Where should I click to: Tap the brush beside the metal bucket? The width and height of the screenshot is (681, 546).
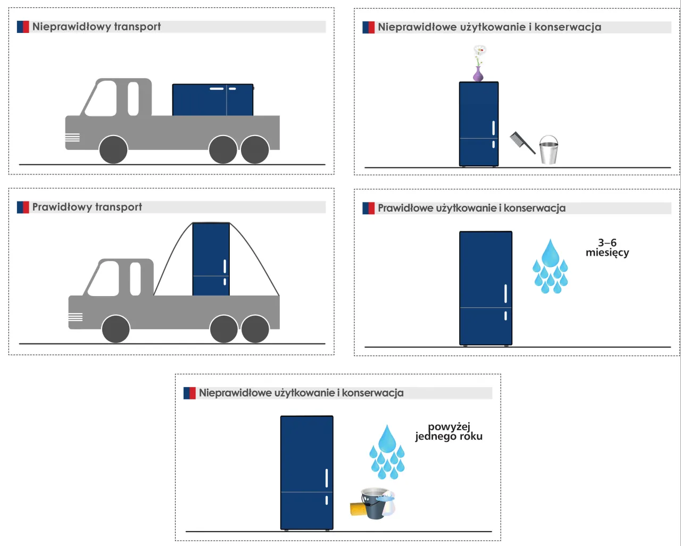(x=522, y=142)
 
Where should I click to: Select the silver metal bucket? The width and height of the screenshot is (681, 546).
(x=549, y=150)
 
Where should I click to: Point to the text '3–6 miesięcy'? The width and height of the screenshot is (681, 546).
(x=607, y=248)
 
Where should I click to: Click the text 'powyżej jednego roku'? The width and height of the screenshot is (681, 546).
(x=449, y=432)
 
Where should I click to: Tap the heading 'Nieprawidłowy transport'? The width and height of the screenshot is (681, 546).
(x=96, y=27)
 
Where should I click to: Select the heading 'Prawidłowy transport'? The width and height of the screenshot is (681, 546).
(x=87, y=207)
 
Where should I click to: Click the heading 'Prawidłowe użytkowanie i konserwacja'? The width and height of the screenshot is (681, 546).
(x=471, y=208)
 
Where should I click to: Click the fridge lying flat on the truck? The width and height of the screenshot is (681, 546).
(x=213, y=100)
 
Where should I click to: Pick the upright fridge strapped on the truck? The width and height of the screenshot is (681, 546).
(x=211, y=259)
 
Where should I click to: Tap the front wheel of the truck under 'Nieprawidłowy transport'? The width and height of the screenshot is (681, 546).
(x=113, y=150)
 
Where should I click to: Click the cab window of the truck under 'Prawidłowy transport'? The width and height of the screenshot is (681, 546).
(x=104, y=279)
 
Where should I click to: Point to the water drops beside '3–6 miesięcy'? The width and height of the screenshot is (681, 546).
(x=551, y=266)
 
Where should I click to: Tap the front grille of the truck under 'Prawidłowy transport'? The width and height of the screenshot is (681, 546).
(x=76, y=317)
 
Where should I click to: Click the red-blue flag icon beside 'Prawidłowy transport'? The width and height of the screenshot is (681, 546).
(x=23, y=207)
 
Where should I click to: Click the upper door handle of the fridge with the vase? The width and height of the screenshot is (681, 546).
(x=494, y=128)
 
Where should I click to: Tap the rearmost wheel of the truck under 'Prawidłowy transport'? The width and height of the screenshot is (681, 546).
(x=255, y=329)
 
